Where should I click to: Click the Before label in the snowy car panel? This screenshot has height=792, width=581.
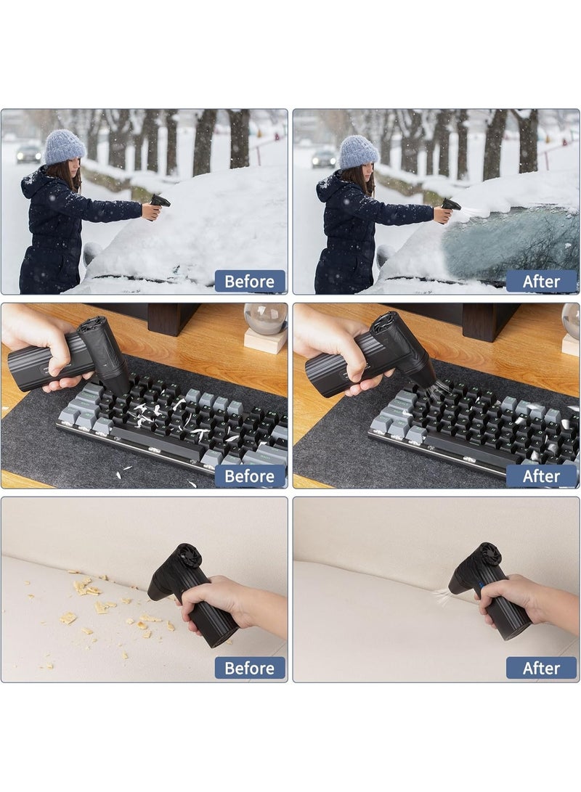click(250, 282)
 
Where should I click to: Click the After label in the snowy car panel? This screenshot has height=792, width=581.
click(541, 282)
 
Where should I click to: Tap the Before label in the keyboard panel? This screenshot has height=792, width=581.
click(250, 475)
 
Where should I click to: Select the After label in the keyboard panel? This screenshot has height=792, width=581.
click(541, 475)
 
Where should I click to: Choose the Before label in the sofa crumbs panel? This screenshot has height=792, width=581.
click(250, 668)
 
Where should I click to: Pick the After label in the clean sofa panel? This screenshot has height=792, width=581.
click(541, 668)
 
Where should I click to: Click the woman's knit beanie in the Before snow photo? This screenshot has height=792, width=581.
click(64, 147)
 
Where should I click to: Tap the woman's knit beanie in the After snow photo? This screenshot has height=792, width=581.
click(358, 152)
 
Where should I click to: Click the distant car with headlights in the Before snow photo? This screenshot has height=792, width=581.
click(28, 153)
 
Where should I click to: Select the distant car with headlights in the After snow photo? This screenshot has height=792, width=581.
click(324, 158)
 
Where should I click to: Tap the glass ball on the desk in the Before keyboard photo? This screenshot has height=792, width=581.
click(265, 318)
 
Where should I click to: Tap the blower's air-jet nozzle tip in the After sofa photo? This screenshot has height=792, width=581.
click(452, 589)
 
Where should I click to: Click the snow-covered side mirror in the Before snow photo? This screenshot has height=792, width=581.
click(92, 252)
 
